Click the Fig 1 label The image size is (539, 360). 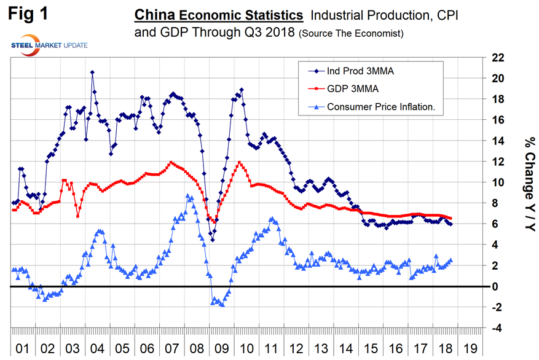pos(29,14)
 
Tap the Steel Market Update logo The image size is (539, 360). pos(49,45)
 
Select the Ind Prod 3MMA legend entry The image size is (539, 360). pos(360,71)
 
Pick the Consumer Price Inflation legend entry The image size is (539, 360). pos(381,106)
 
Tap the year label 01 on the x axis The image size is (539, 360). pos(23,348)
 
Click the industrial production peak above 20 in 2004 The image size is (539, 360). pos(92,72)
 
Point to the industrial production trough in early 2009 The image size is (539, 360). pos(213,240)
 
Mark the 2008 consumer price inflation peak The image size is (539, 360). pos(187,195)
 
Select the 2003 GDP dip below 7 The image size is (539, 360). pos(78,216)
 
